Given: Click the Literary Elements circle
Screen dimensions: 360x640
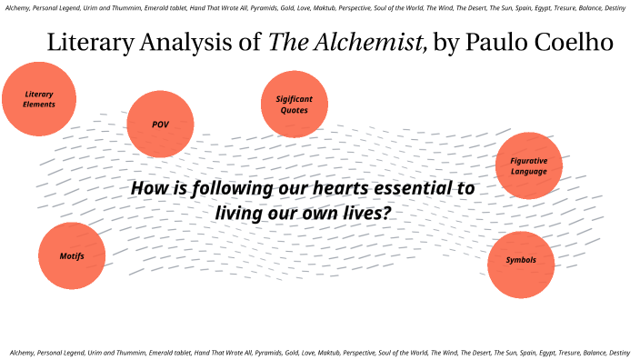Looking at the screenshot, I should tap(39, 99).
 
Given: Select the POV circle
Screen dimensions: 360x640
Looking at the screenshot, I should tap(160, 125).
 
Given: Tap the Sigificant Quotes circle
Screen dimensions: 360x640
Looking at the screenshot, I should tap(294, 104).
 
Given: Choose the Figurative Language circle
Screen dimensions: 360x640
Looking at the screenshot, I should tap(529, 165).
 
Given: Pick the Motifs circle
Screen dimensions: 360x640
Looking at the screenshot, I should tap(72, 256).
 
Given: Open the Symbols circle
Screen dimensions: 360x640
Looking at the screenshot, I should tap(521, 261).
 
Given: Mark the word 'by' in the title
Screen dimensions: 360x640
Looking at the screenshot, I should tap(447, 44).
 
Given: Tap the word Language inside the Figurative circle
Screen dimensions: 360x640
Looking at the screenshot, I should tap(529, 171).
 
